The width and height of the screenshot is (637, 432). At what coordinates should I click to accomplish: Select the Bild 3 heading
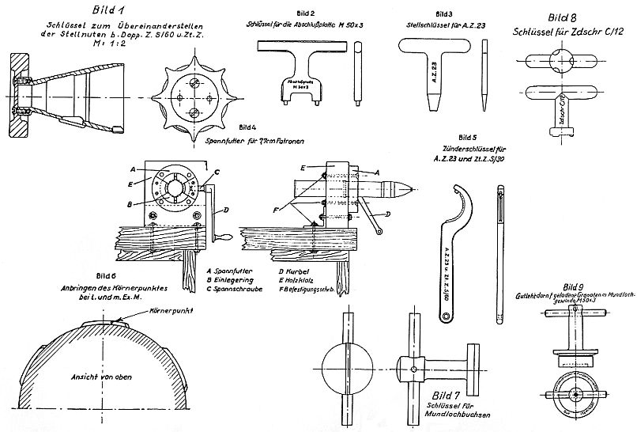click(443, 14)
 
